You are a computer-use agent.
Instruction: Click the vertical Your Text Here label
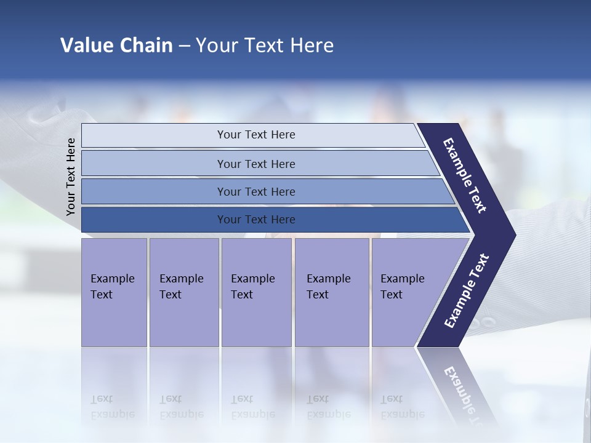tap(71, 177)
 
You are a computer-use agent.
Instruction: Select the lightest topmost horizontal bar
tap(255, 135)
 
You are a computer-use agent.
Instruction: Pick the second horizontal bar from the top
tap(255, 164)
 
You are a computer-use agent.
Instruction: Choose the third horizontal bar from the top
tap(255, 191)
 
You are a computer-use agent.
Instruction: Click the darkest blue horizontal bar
tap(255, 220)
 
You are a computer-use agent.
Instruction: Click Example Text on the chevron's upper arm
tap(465, 175)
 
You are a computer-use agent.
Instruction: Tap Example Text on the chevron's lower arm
tap(467, 291)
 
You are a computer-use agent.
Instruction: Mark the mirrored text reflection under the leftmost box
tap(112, 407)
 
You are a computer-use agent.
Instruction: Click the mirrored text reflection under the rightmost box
tap(402, 407)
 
